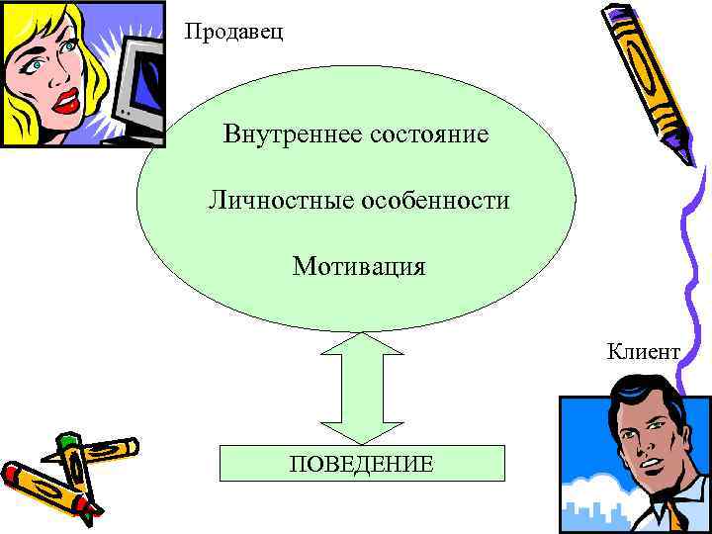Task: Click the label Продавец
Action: click(x=233, y=33)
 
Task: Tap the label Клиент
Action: click(x=644, y=352)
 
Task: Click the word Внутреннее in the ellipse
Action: click(x=287, y=133)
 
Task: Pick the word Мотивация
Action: click(x=359, y=267)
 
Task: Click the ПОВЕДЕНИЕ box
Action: click(x=361, y=463)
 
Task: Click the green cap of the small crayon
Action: click(x=67, y=440)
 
